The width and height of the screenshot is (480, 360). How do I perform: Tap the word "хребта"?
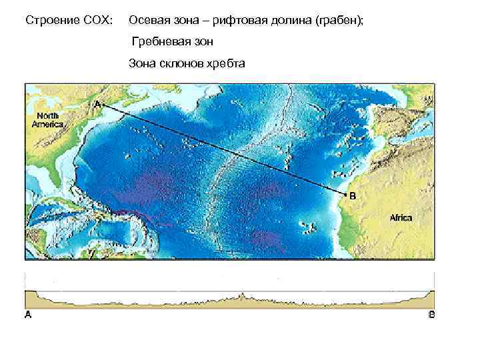(x=225, y=64)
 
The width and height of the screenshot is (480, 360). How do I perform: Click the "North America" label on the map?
(x=47, y=121)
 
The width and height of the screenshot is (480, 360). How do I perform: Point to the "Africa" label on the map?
(x=401, y=218)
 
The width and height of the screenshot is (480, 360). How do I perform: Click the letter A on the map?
(x=97, y=105)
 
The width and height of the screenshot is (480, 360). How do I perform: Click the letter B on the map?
(x=353, y=195)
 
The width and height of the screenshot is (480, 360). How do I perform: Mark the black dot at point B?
(x=345, y=195)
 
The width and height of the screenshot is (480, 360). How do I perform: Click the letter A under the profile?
(x=28, y=315)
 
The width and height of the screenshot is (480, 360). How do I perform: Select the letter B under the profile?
(x=431, y=315)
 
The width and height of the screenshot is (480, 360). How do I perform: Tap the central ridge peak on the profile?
(x=243, y=294)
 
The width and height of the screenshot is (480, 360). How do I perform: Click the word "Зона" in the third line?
(x=141, y=64)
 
